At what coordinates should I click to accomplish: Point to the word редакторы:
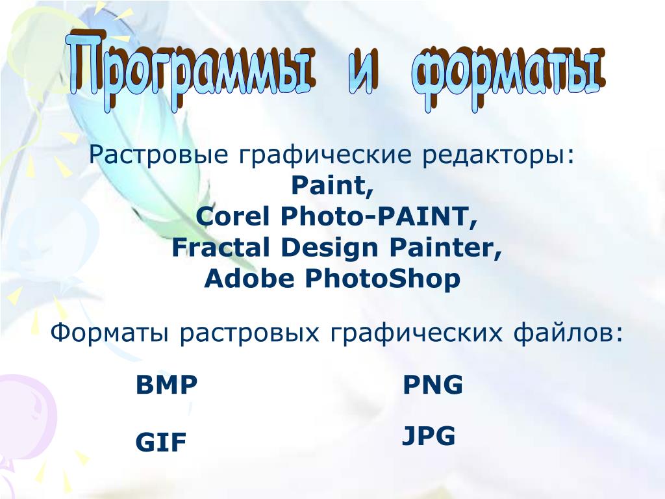(498, 155)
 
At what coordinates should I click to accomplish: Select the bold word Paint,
(332, 185)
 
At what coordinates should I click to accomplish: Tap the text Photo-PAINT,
(379, 216)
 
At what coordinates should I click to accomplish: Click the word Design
(329, 248)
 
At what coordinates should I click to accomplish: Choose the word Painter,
(445, 248)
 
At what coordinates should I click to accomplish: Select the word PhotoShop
(383, 279)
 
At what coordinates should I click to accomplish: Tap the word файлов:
(568, 333)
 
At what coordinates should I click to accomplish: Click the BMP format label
(167, 385)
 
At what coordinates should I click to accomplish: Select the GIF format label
(161, 442)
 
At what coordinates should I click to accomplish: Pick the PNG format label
(433, 385)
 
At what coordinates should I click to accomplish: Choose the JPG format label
(429, 436)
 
